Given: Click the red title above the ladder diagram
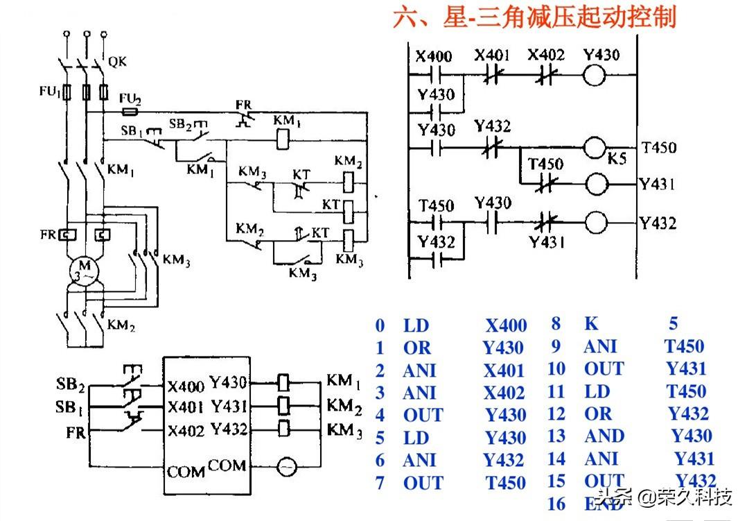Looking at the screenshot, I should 534,18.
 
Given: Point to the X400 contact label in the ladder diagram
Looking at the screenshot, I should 433,56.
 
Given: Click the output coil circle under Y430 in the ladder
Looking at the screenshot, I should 595,75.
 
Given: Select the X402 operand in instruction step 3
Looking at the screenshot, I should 504,393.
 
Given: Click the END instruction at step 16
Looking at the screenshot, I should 603,504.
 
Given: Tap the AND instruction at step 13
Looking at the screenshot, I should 604,436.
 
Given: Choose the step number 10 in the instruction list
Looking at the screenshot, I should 556,370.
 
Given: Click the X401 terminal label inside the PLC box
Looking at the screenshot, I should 186,407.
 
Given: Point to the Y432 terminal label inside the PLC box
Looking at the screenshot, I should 229,429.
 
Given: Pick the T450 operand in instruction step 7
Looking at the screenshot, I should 505,483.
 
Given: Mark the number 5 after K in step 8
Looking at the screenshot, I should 674,323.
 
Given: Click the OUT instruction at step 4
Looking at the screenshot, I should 423,416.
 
